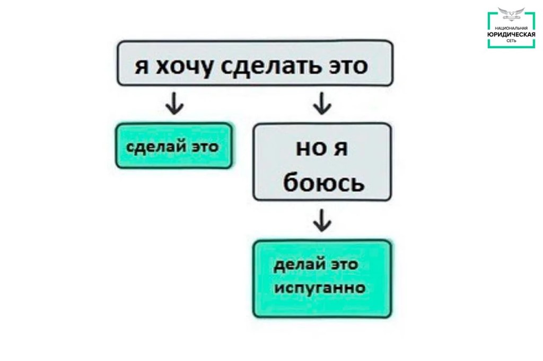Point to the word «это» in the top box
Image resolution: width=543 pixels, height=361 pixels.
tap(348, 66)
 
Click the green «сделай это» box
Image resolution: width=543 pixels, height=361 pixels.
tap(174, 146)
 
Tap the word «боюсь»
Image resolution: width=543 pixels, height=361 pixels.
tap(324, 182)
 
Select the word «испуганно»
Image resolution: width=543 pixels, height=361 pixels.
tap(320, 288)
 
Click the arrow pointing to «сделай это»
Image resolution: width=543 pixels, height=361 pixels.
tap(174, 103)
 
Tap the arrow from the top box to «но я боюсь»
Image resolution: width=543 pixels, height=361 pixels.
tap(322, 103)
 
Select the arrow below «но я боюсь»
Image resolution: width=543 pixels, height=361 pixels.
tap(322, 220)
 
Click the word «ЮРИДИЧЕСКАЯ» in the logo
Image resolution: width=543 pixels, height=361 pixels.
tap(511, 34)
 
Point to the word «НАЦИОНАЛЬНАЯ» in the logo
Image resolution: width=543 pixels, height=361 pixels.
tap(511, 28)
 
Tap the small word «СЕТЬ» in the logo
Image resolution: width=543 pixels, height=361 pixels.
tap(511, 40)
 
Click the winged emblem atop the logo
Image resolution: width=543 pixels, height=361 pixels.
tap(511, 15)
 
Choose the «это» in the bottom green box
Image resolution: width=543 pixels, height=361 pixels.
tap(345, 265)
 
